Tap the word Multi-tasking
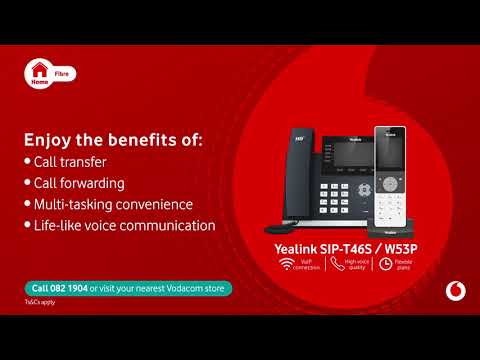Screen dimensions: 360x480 (71, 204)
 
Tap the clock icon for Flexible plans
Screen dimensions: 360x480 (385, 265)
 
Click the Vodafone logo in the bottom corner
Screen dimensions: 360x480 (455, 290)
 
